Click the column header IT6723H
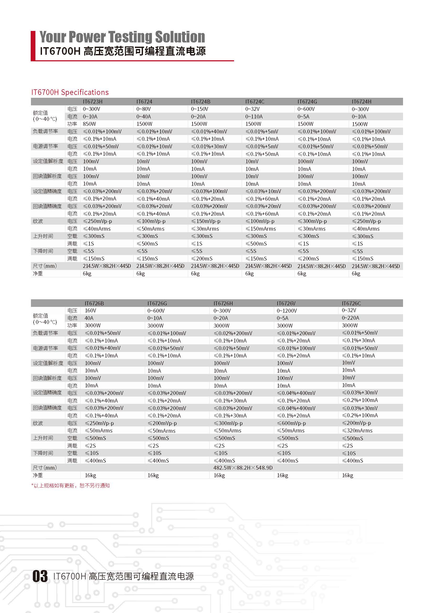point(92,101)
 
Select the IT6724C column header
point(255,101)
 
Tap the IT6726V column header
point(286,303)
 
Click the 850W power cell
point(89,124)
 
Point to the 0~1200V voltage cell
point(287,311)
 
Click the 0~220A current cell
point(350,318)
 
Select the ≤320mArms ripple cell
point(357,430)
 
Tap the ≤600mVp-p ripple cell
point(291,423)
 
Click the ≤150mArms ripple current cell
point(261,229)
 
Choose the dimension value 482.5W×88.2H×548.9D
point(243,468)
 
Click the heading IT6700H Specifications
point(70,92)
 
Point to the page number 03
point(40,576)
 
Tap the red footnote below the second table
point(71,486)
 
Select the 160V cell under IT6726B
point(90,311)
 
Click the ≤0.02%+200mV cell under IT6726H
point(233,333)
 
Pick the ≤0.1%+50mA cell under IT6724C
point(262,154)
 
